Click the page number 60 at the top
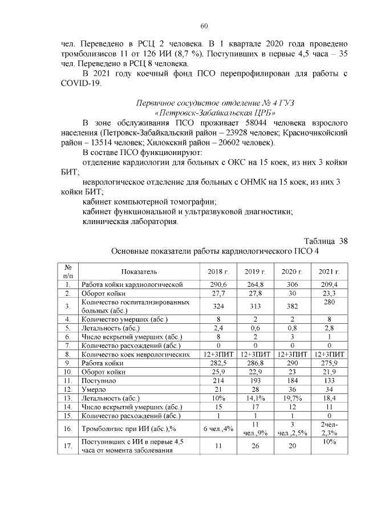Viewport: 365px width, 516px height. point(204,26)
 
